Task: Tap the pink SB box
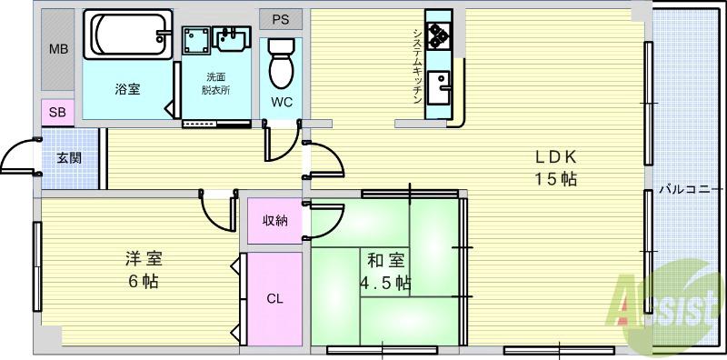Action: [57, 113]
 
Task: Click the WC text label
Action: [282, 102]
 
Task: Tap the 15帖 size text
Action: [556, 178]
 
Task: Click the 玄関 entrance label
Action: [69, 158]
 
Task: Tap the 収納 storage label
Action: [275, 221]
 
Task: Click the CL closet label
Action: [274, 298]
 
